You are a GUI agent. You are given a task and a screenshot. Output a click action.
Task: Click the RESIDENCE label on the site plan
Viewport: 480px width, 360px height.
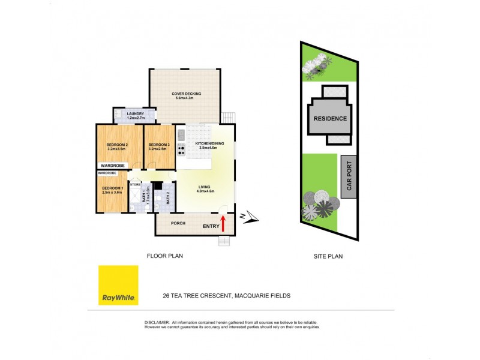[329, 118]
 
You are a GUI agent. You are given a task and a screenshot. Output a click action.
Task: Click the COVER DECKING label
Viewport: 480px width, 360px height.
[186, 94]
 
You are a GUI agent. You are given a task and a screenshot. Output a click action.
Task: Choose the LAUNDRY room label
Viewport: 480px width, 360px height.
[134, 114]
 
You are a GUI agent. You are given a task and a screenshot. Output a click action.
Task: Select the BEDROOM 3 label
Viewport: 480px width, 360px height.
[158, 145]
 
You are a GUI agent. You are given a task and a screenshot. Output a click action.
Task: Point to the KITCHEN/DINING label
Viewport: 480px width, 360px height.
[210, 145]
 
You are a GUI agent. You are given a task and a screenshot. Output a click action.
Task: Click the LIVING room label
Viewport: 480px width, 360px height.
[205, 187]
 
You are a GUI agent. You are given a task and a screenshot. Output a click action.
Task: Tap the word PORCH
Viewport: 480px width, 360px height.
[178, 224]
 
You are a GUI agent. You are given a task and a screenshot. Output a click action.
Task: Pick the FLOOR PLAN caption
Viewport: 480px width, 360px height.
[165, 256]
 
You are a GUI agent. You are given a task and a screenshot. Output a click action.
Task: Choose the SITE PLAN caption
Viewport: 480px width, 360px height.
[328, 256]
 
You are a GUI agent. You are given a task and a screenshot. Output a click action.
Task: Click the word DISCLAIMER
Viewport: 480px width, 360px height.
[157, 322]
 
